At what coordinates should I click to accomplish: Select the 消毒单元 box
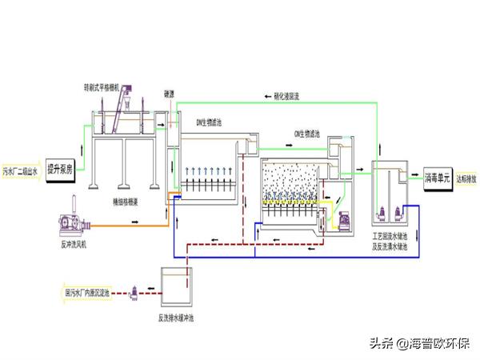437,178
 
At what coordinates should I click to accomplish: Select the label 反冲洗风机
74,243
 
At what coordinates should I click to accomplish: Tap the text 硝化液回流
280,96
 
